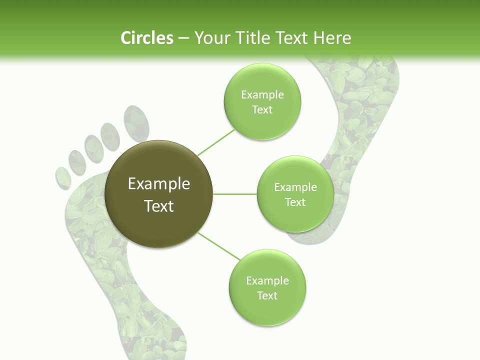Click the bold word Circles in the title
coord(146,38)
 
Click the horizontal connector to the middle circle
coord(235,194)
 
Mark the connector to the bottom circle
coord(219,246)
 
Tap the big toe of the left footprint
coord(136,122)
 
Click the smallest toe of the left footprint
coord(63,178)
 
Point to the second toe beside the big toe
coord(110,135)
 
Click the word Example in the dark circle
coord(159,184)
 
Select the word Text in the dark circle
coord(159,205)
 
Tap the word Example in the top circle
coord(262,94)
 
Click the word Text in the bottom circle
coord(267,295)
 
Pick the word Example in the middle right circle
coord(295,187)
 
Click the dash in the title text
coord(183,38)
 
